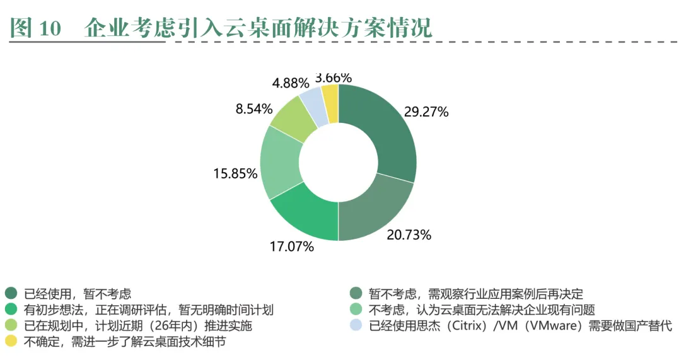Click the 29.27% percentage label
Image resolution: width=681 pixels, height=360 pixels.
[426, 112]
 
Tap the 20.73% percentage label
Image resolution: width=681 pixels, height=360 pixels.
[409, 235]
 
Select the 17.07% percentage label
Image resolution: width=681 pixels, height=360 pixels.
[291, 247]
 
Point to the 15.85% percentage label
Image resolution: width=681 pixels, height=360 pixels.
[235, 173]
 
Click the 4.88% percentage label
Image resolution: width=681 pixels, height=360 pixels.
[291, 83]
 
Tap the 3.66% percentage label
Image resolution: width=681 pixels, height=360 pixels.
[333, 78]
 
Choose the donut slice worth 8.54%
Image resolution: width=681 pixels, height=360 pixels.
[291, 120]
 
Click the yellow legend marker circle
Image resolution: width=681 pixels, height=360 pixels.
[11, 342]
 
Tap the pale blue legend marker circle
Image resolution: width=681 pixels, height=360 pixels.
[356, 326]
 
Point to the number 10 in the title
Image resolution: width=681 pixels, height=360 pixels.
[50, 29]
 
